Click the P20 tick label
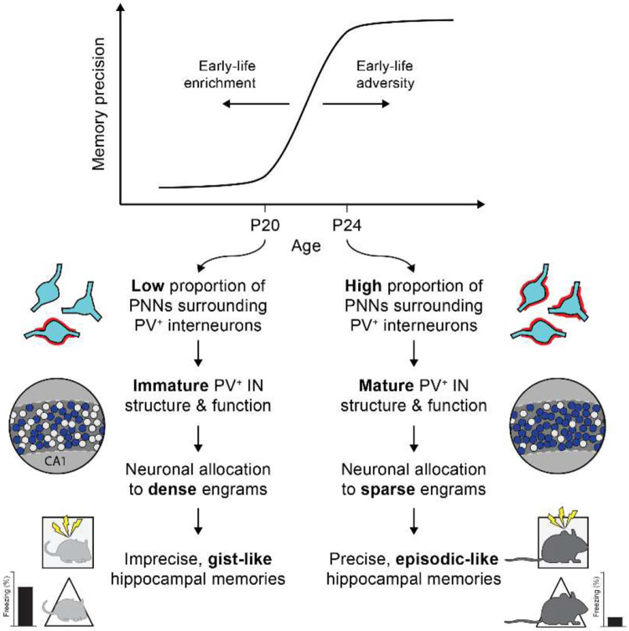(266, 225)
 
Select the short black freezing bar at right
(615, 620)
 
